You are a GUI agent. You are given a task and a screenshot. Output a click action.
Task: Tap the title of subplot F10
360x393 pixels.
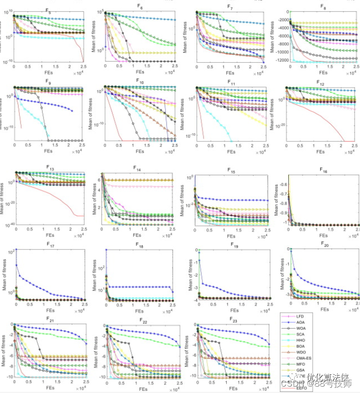(140, 83)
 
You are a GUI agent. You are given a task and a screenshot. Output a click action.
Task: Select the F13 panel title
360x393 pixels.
(49, 167)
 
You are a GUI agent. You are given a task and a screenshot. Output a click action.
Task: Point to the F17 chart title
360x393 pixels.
(49, 245)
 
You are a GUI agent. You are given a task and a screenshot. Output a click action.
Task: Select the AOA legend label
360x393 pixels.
(302, 322)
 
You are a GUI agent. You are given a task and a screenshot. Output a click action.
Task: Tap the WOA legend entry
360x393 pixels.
(303, 329)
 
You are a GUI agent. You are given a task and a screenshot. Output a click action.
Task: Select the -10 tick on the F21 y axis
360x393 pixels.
(9, 377)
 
